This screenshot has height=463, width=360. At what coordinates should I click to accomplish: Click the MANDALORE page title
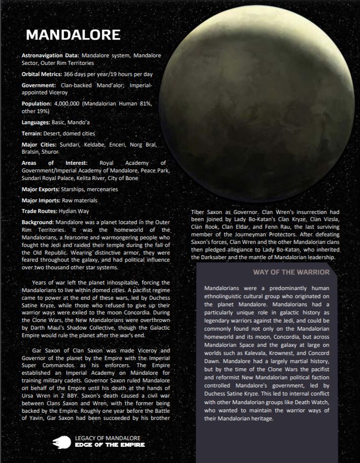tap(73, 34)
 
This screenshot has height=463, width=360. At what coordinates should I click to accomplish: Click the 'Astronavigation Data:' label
tap(50, 55)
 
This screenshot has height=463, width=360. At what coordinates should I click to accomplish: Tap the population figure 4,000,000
tap(70, 103)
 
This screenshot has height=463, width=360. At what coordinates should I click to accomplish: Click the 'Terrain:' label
tap(33, 134)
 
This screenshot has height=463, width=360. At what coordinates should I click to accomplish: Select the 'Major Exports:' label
tap(40, 189)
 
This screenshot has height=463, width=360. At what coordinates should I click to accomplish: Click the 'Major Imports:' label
tap(41, 200)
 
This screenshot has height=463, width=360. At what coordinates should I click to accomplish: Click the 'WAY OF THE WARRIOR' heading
tap(291, 272)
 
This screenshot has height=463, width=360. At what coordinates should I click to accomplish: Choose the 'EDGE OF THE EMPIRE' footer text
tap(109, 445)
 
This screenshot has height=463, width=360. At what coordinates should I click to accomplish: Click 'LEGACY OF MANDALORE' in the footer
tap(107, 438)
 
